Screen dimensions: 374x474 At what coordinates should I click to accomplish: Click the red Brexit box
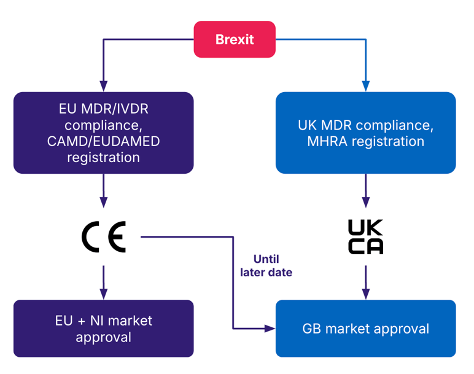click(235, 39)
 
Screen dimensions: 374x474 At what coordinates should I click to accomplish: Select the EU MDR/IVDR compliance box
click(103, 133)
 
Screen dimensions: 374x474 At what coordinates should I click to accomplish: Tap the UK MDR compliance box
click(365, 133)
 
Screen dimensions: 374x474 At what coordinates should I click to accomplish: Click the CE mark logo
click(104, 236)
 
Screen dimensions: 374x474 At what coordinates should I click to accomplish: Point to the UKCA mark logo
click(365, 237)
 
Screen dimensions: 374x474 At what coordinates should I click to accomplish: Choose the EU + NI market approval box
click(103, 329)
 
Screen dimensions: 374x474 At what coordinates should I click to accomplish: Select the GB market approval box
click(365, 329)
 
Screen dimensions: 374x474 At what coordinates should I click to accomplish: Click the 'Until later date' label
click(266, 265)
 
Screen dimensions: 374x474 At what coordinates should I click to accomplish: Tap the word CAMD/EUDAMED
click(103, 141)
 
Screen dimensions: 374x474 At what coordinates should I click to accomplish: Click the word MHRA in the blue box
click(326, 141)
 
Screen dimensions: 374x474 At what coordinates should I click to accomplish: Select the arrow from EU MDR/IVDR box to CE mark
click(103, 190)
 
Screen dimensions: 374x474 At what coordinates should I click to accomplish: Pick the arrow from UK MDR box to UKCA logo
click(366, 190)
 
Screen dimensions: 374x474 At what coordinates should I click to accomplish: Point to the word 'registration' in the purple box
click(103, 158)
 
